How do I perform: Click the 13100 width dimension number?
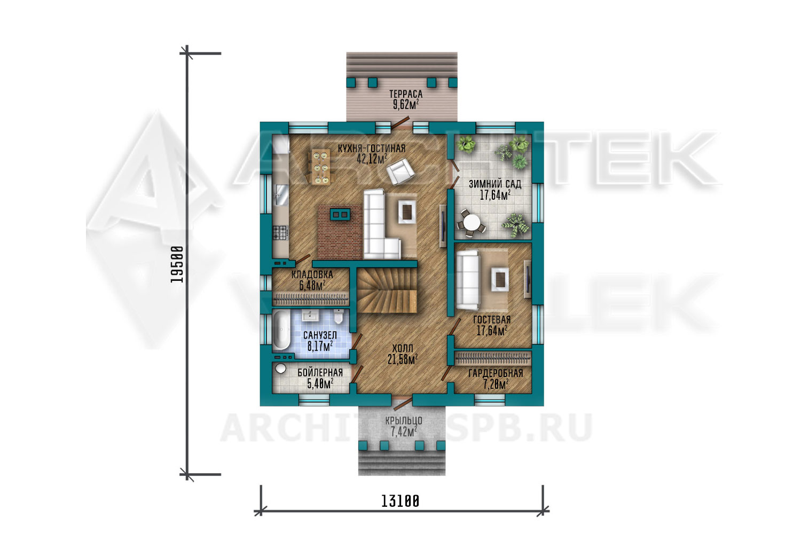coord(400,501)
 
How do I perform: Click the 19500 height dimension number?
coord(177,264)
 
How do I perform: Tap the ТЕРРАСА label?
coord(406,94)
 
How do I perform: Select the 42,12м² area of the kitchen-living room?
coord(372,159)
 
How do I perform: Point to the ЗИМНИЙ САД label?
coord(495,184)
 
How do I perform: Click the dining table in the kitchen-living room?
coord(320,167)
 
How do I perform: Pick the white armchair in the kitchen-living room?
coord(400,172)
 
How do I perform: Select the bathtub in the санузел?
coord(282,330)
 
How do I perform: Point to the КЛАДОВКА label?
coord(312,274)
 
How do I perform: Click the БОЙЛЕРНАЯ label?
coord(320,373)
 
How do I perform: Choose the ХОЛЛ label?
coord(403,348)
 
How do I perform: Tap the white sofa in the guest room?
coord(467,280)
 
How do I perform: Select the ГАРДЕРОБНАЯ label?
coord(496,373)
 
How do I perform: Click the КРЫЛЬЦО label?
coord(404,421)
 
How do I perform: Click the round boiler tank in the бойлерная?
coord(280,368)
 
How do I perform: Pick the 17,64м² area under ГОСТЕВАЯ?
coord(492,331)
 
